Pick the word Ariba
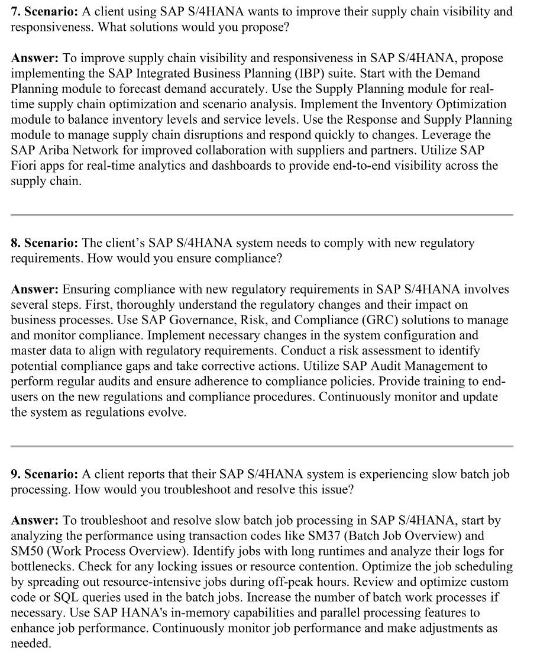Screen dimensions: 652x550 coord(54,150)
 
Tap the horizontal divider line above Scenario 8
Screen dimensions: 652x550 coord(262,215)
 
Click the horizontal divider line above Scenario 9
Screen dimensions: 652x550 coord(262,446)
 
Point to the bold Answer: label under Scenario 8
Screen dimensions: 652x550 coord(34,289)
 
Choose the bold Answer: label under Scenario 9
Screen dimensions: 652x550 coord(34,521)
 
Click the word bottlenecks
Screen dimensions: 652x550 coord(43,567)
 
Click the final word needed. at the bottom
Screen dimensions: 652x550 coord(31,644)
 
